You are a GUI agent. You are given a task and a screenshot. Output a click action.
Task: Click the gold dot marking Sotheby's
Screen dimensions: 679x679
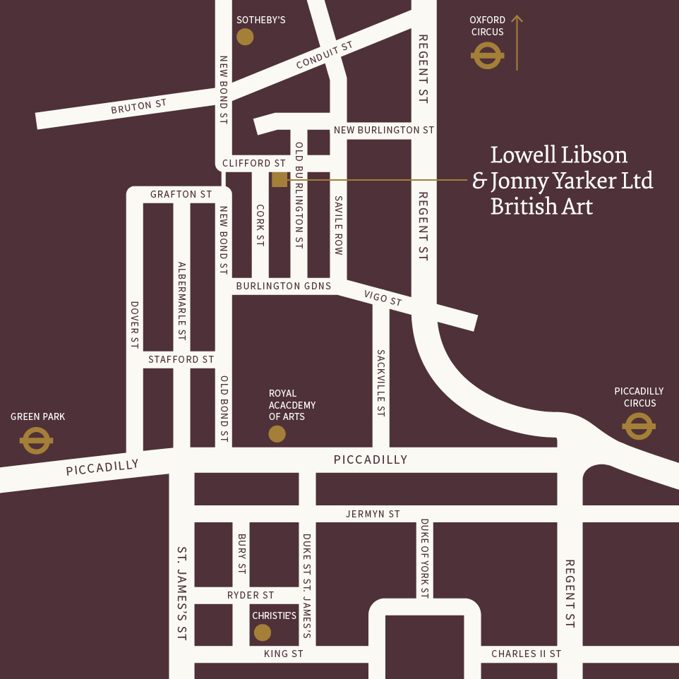[x=245, y=37]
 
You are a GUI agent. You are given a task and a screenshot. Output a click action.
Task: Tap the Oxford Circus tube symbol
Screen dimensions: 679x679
[x=487, y=56]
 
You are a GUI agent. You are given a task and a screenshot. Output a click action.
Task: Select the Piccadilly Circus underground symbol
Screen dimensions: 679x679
[x=639, y=426]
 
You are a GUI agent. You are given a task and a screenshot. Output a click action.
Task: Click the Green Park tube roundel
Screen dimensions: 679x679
[x=36, y=441]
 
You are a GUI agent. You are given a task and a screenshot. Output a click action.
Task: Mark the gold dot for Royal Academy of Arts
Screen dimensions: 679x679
[x=277, y=434]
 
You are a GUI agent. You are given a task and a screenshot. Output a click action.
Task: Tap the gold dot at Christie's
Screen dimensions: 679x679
[x=263, y=632]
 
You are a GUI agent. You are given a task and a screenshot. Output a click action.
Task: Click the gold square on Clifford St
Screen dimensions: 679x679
[x=280, y=179]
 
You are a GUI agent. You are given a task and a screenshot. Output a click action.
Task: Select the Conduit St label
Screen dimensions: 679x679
[x=324, y=55]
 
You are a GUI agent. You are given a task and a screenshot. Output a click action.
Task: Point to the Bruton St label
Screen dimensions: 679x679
[x=138, y=107]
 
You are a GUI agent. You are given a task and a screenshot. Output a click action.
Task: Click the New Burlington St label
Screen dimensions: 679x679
[x=384, y=130]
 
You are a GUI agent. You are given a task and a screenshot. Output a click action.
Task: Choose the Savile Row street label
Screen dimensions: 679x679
[x=339, y=226]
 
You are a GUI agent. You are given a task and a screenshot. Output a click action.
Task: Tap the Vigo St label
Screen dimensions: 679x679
[x=384, y=299]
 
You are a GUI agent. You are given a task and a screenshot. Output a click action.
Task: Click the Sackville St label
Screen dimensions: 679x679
[x=381, y=383]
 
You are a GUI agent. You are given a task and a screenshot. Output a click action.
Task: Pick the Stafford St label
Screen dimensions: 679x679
[x=181, y=359]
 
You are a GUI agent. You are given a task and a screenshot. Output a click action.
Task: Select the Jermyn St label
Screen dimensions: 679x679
[x=373, y=514]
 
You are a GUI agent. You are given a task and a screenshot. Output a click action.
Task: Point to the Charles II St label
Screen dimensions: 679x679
[x=526, y=654]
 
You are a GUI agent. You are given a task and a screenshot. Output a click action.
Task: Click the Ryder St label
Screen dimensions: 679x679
[x=251, y=595]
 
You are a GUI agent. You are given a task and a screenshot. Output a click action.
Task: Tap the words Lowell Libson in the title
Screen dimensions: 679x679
[x=558, y=155]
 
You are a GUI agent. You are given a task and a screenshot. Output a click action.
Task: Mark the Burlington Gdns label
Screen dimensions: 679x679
[x=283, y=286]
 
